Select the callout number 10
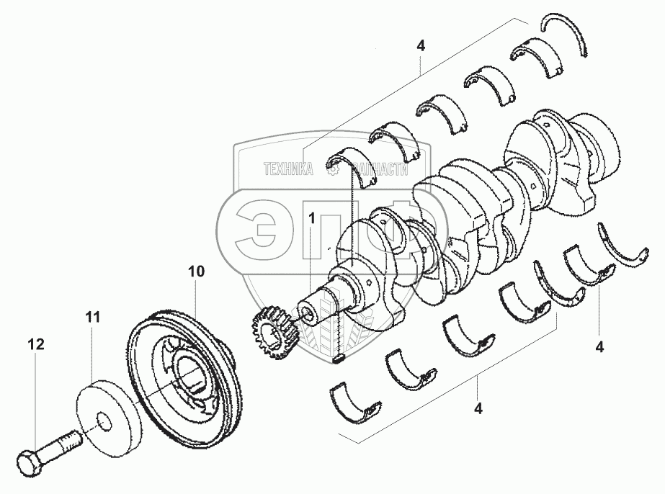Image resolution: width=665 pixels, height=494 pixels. pos(196,271)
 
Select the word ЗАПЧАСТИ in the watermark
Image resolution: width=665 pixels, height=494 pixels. pos(378,169)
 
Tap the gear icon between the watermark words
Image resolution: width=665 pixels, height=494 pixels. pos(333,169)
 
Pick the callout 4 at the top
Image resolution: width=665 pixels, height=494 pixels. pos(421,45)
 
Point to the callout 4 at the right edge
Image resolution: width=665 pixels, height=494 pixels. pos(599,346)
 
